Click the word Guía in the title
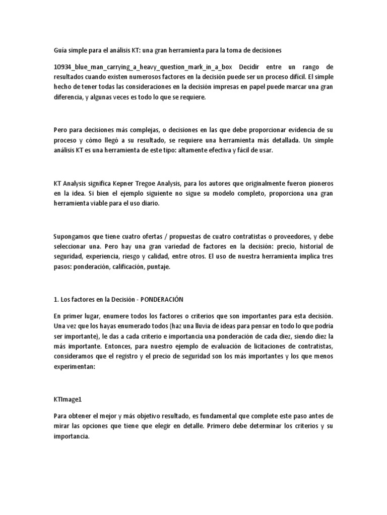pos(60,50)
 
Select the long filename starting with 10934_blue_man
pos(144,67)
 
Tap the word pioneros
pos(318,181)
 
